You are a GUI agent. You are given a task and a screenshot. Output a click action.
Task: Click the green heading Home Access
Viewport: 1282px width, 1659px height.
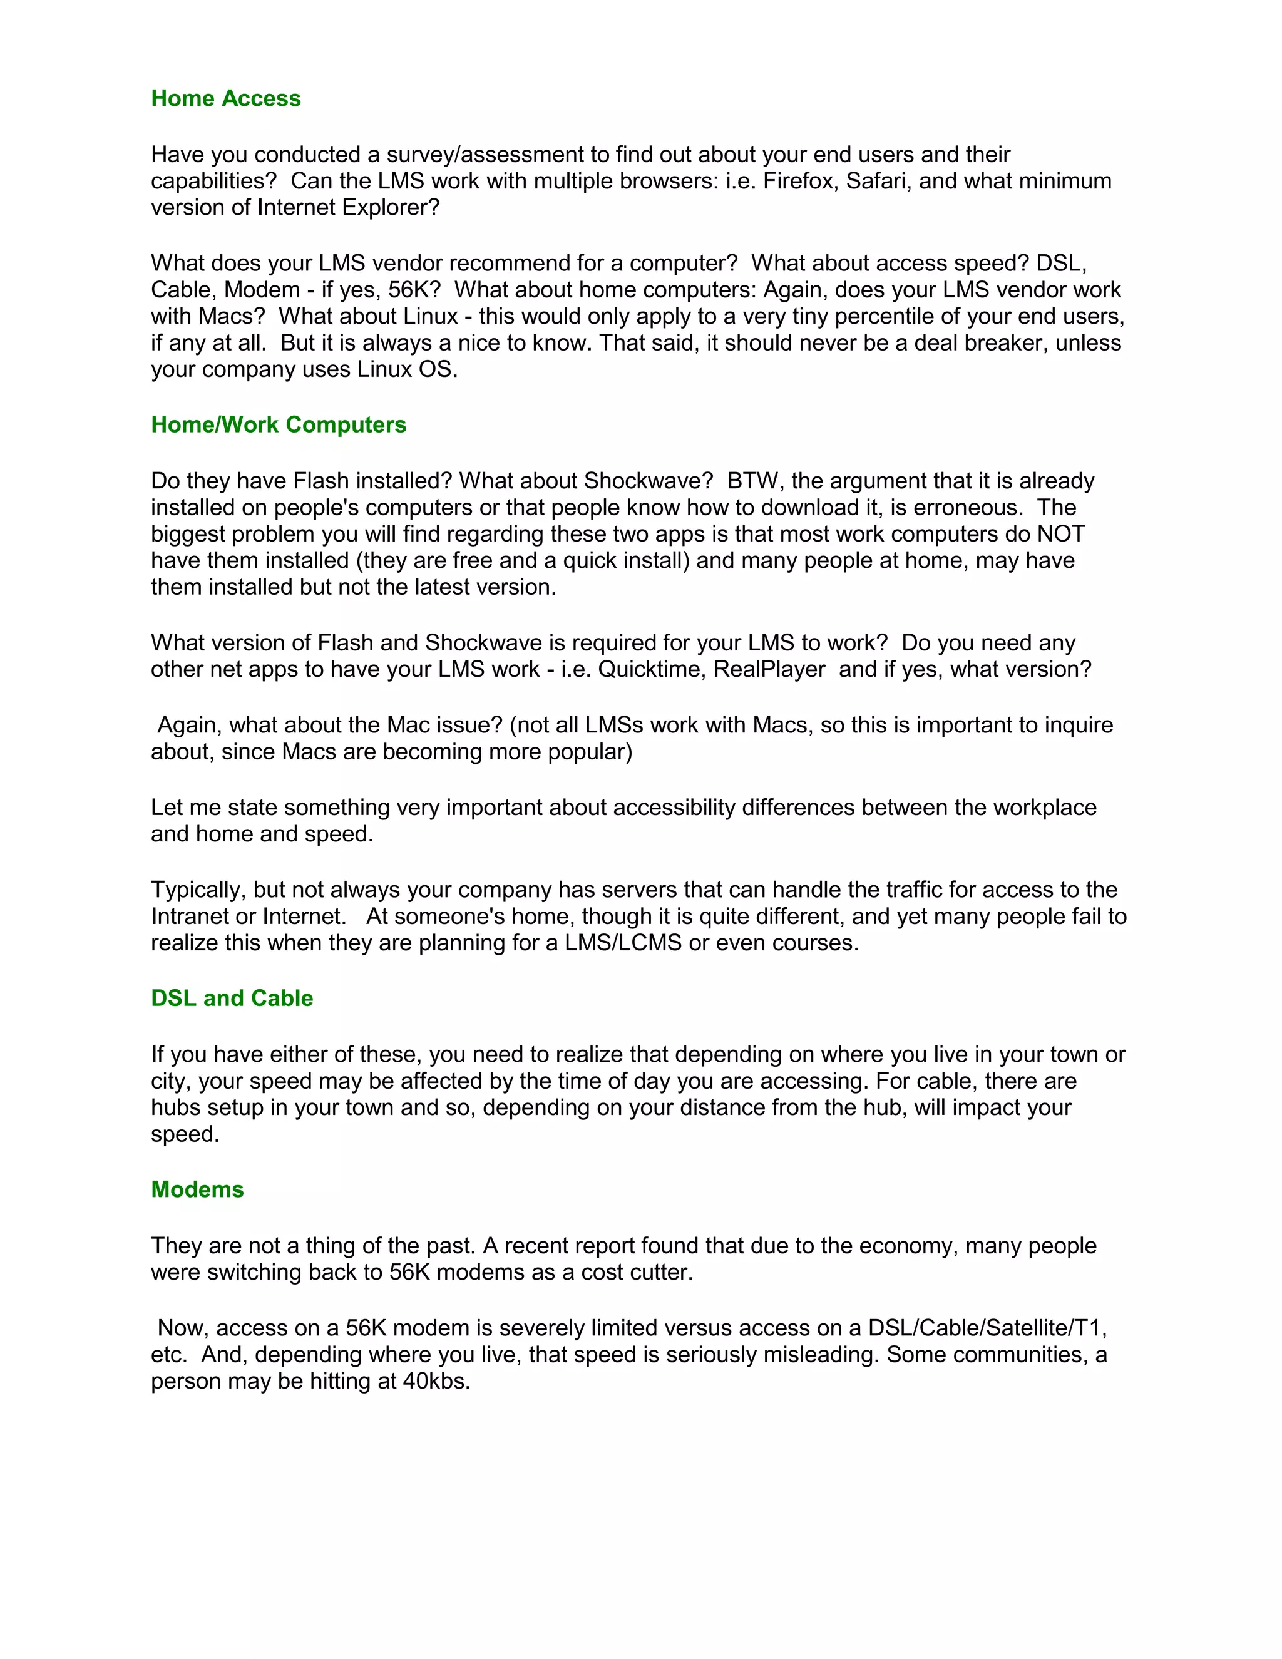coord(225,99)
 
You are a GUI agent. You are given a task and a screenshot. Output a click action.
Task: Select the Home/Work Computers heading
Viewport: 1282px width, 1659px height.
coord(279,424)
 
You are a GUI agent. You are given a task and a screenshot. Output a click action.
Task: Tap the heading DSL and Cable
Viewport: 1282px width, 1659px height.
coord(232,998)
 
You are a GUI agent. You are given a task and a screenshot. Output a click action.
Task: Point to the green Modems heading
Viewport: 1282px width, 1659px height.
coord(197,1189)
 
